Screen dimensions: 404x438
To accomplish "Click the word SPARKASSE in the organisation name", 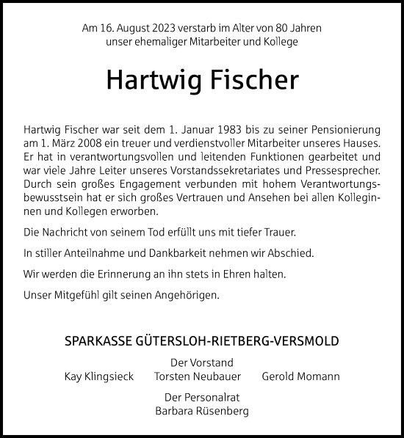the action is pyautogui.click(x=98, y=342).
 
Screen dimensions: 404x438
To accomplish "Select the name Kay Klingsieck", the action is pyautogui.click(x=99, y=376).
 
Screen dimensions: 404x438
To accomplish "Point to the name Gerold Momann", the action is pyautogui.click(x=300, y=376).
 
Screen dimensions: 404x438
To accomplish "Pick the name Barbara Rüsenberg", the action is pyautogui.click(x=202, y=411).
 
